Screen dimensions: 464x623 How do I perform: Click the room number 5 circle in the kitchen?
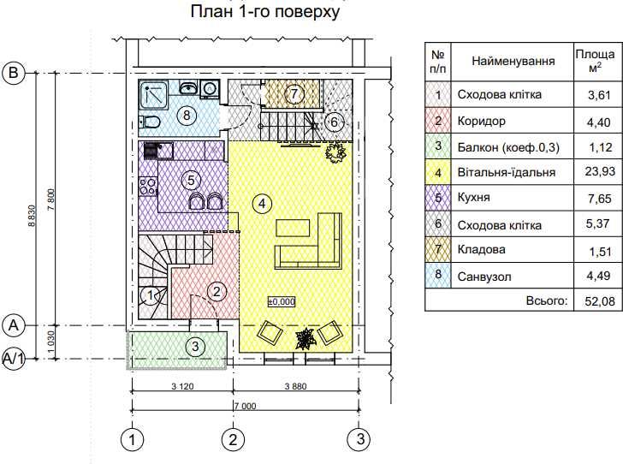click(191, 180)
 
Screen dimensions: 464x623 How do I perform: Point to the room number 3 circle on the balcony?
click(196, 346)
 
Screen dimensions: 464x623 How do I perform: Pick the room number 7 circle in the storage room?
click(294, 92)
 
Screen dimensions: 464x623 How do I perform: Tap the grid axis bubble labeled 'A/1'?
click(13, 359)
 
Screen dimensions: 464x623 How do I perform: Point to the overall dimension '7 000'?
click(244, 407)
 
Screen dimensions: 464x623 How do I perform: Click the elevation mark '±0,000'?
click(281, 301)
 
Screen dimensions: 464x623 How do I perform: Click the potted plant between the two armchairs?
click(305, 339)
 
